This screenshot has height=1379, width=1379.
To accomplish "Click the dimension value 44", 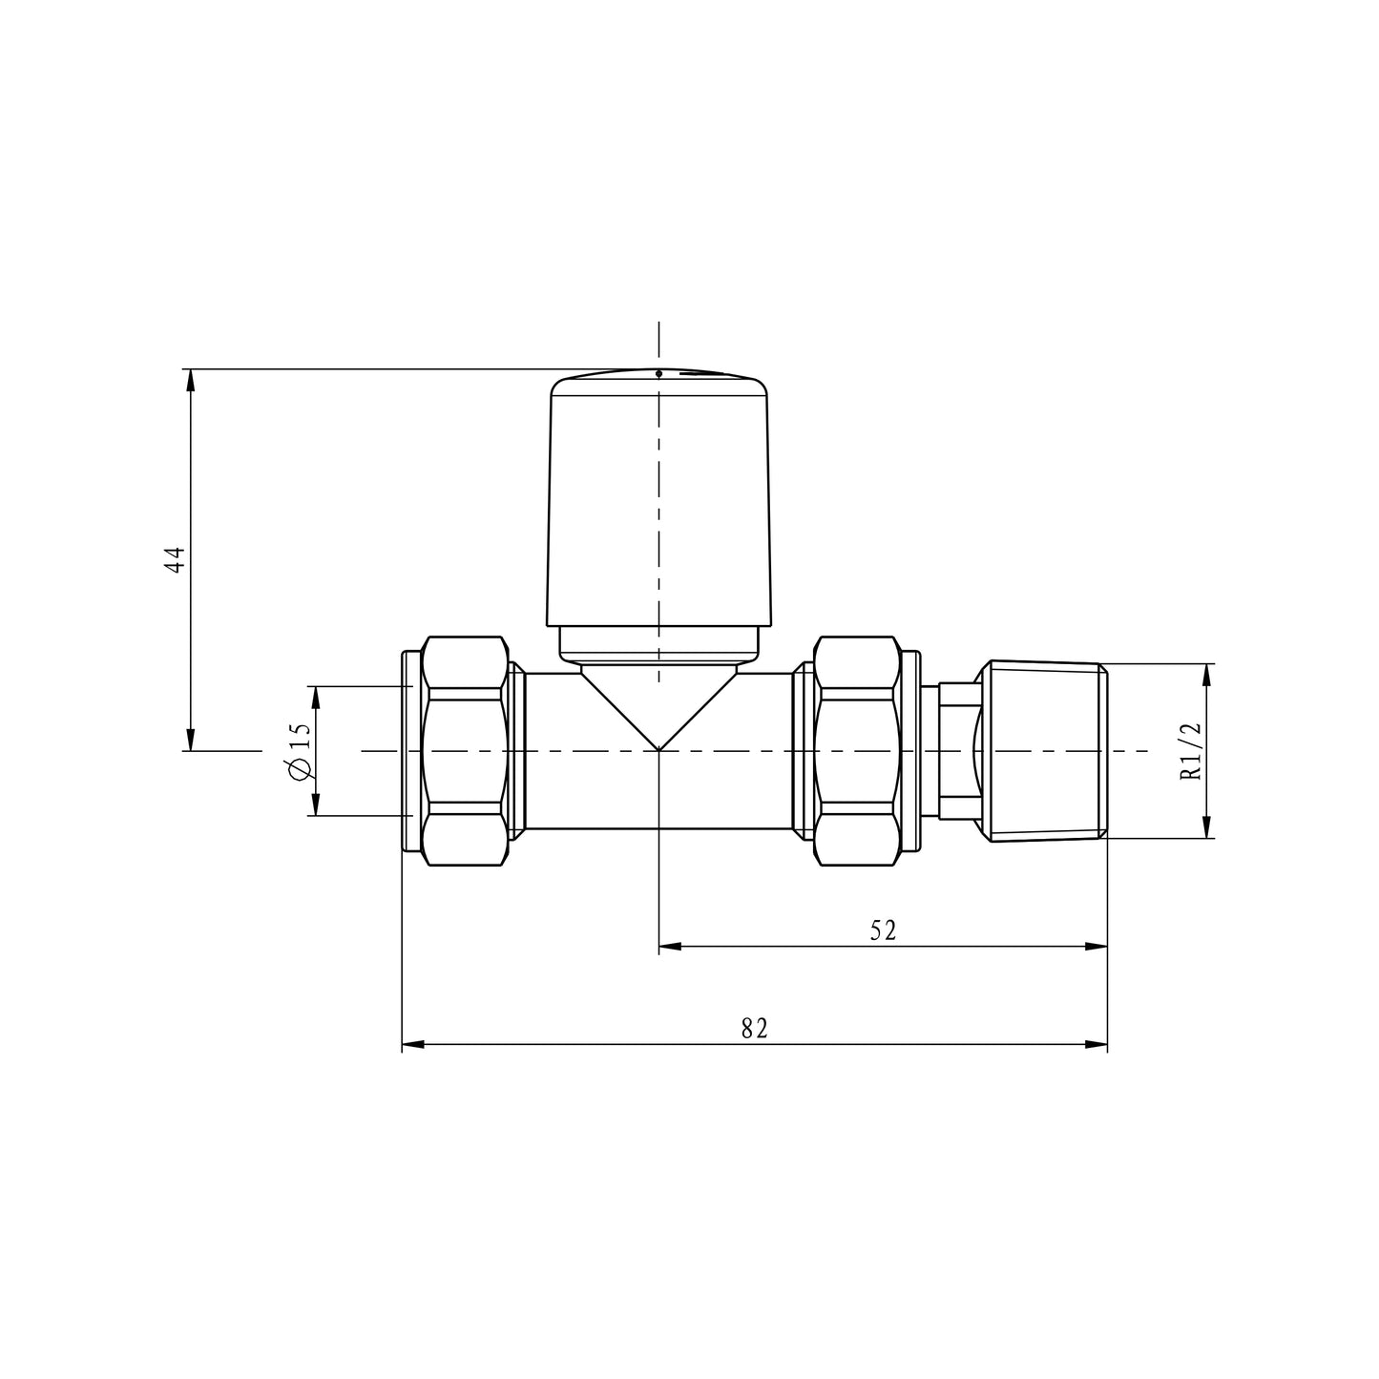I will [174, 559].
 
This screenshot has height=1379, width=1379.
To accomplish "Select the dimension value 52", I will [883, 930].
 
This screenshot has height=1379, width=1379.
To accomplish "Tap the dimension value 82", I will [754, 1028].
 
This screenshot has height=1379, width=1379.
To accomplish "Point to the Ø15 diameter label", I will [299, 751].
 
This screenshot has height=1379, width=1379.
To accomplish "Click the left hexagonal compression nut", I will [464, 751].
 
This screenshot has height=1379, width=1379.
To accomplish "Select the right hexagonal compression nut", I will [857, 751].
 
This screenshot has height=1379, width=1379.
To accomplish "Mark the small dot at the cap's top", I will [658, 373].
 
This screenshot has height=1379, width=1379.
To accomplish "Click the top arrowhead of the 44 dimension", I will [191, 379].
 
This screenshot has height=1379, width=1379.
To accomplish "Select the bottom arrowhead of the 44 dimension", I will [191, 741].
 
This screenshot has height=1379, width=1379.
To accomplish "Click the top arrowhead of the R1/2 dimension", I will [1207, 674].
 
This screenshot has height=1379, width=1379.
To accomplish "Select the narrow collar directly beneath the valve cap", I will [658, 643].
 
